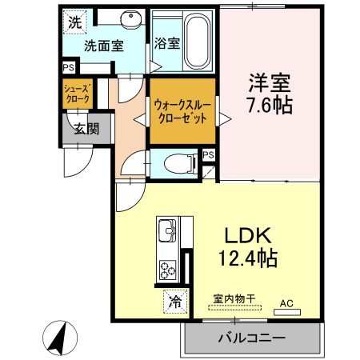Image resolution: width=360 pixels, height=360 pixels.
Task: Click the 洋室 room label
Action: [x=267, y=82]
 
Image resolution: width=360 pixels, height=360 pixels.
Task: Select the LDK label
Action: [x=248, y=236]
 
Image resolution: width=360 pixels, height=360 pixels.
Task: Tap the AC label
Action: [x=286, y=303]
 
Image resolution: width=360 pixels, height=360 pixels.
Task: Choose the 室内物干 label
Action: [x=234, y=299]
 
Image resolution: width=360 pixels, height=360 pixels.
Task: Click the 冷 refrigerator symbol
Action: [x=174, y=302]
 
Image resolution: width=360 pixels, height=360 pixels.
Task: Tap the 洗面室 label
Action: [x=104, y=46]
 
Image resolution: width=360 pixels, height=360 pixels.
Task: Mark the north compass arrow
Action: [x=58, y=336]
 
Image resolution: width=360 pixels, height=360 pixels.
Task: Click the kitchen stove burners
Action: [x=168, y=268]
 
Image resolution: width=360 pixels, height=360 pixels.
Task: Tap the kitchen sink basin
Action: [x=167, y=230]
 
